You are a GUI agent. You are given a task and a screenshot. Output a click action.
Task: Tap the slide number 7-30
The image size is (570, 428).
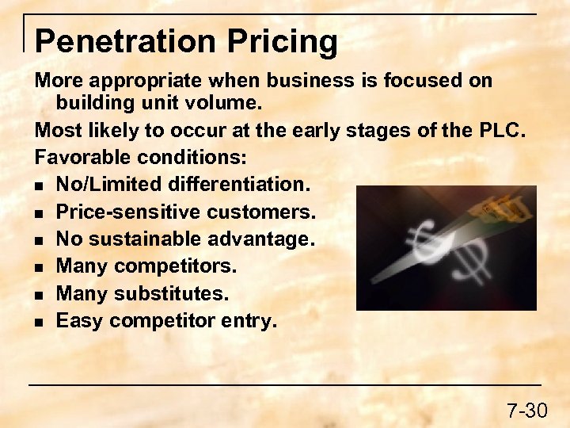[526, 410]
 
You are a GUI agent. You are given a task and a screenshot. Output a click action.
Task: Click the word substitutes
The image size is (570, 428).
[171, 293]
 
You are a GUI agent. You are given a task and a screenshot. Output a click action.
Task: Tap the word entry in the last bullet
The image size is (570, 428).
[249, 320]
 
